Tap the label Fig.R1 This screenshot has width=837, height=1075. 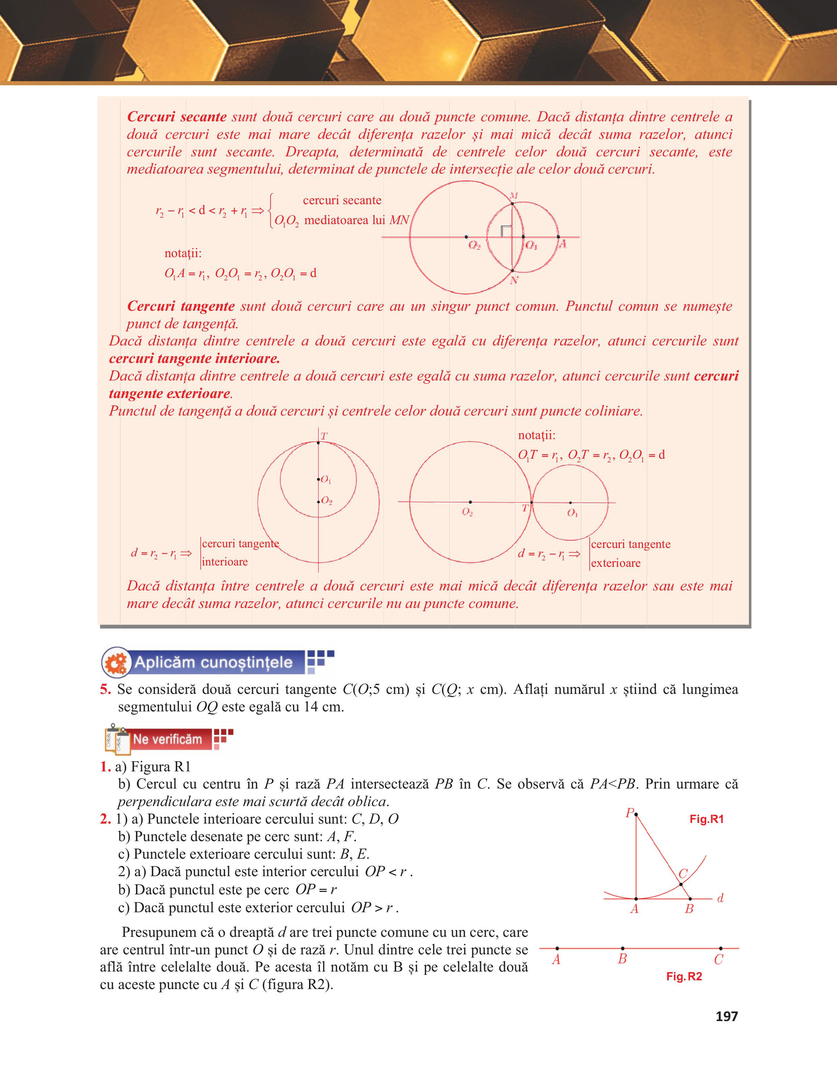706,819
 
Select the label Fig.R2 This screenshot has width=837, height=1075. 684,977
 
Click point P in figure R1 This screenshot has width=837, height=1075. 636,815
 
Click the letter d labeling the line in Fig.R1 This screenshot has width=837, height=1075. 720,898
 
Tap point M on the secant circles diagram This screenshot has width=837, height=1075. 512,203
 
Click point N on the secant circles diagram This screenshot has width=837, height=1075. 512,271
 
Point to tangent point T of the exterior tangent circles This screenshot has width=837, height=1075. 531,502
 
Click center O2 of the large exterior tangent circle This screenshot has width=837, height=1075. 470,502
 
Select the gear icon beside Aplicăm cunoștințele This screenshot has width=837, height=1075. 116,663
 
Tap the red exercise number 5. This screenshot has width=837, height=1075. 105,689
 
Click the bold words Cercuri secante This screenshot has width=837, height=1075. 176,117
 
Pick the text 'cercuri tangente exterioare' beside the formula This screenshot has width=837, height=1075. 630,553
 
